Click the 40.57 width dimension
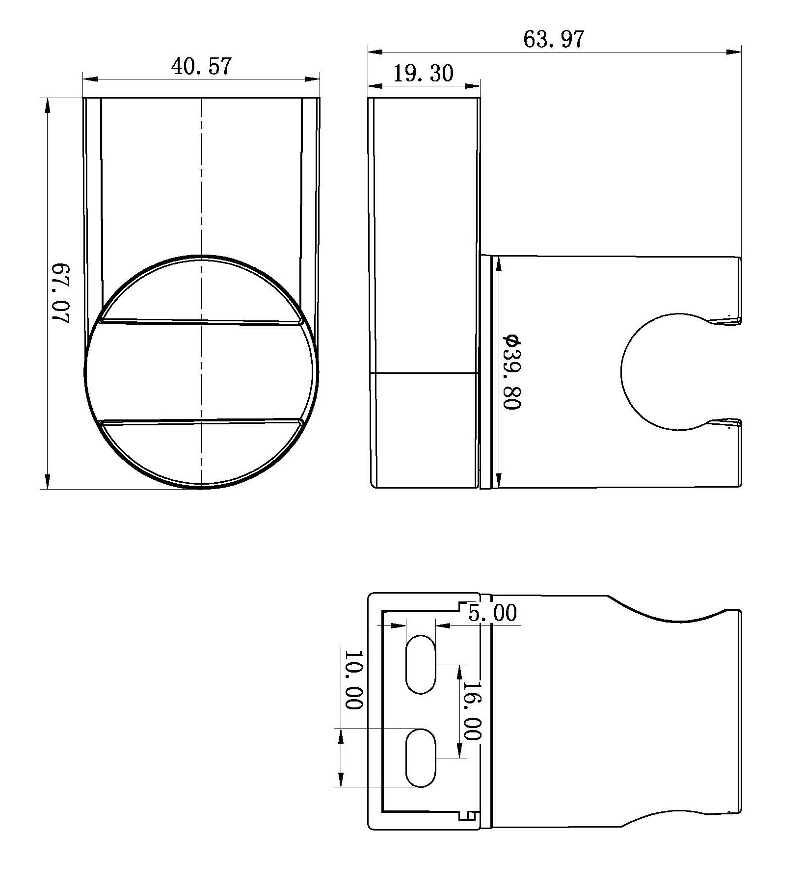coord(201,66)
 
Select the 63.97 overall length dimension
coord(554,39)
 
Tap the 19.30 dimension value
coord(423,74)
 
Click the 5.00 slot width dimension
coord(492,613)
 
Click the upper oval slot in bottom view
coord(421,664)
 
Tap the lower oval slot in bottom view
coord(421,758)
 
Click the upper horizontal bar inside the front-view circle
coord(201,322)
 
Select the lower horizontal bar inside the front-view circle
coord(201,421)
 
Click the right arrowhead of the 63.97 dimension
coord(734,52)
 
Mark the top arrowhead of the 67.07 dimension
coord(47,104)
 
